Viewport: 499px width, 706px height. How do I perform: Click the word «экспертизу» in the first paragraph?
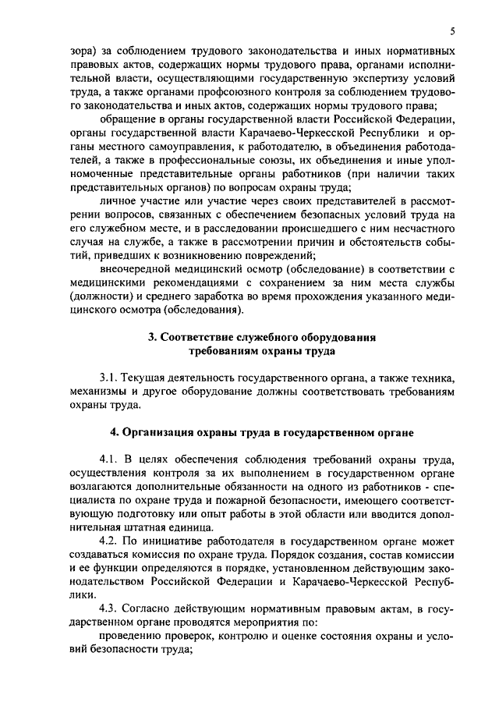(366, 79)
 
